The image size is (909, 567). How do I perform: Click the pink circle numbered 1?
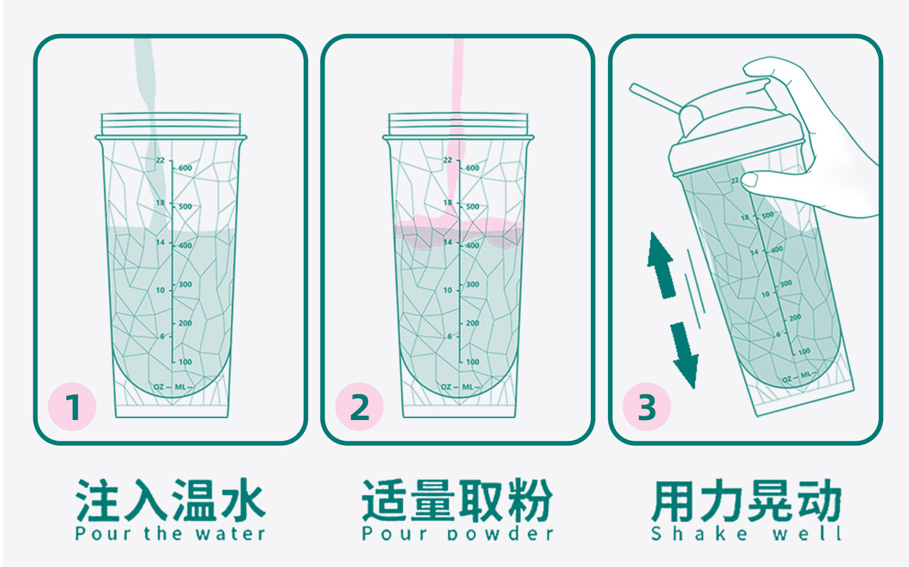tap(72, 407)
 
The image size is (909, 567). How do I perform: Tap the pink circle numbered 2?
tap(359, 407)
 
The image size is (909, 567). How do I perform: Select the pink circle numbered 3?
tap(647, 407)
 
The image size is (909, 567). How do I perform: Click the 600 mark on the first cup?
tap(185, 168)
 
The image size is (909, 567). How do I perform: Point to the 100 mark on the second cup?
tap(472, 362)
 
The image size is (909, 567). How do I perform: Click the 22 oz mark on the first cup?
tap(160, 160)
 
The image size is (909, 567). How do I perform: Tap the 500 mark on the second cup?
tap(472, 206)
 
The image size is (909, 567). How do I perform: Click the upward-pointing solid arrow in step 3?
tap(661, 265)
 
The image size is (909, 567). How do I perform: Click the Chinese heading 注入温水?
tap(170, 500)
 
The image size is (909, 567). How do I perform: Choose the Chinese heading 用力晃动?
tap(746, 500)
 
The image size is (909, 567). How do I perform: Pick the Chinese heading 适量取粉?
tap(457, 500)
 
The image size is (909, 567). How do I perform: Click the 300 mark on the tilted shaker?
tap(785, 284)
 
